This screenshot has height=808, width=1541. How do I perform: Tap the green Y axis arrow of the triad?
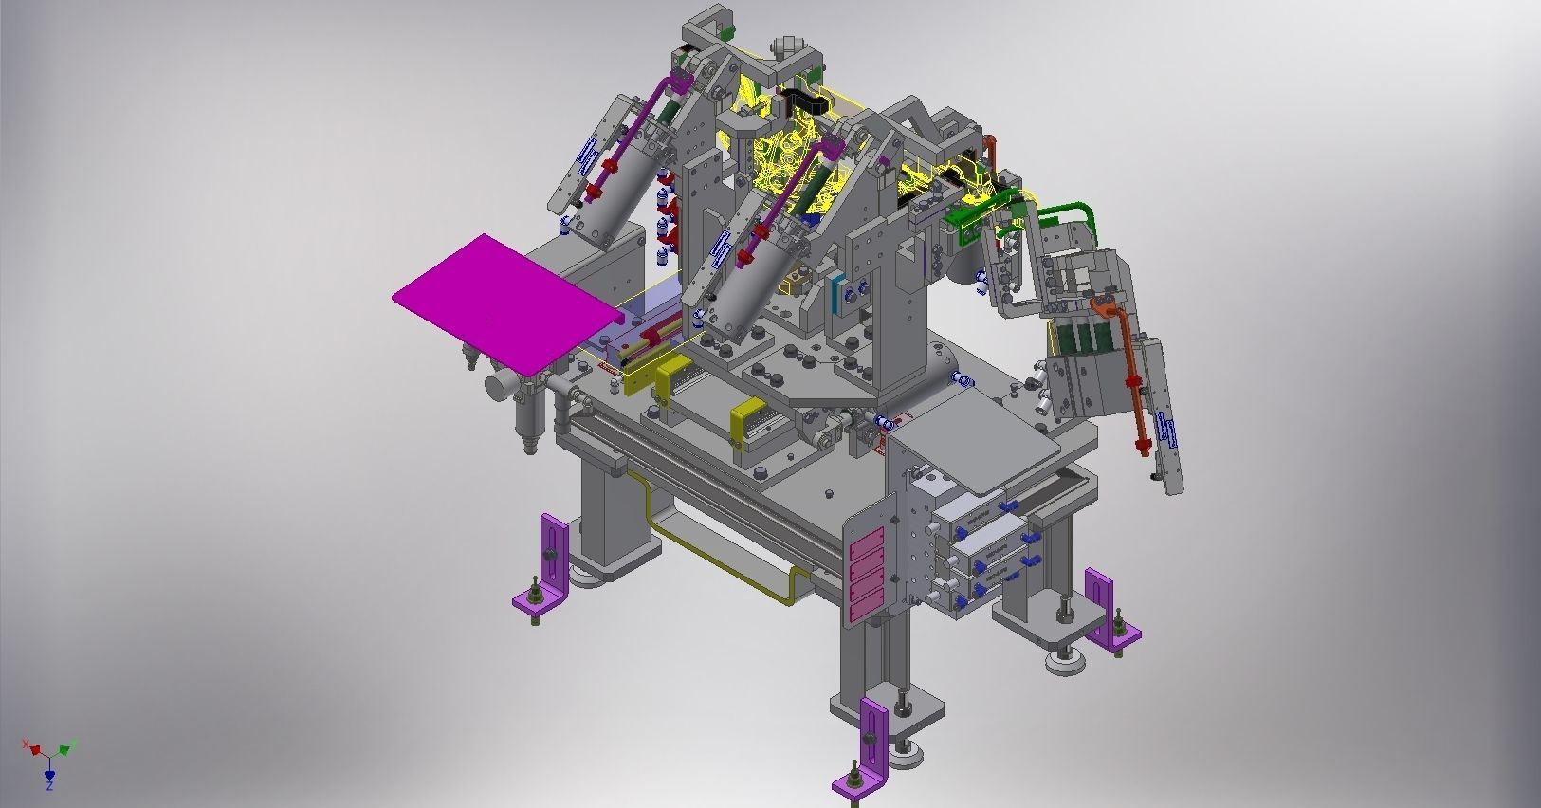tap(66, 748)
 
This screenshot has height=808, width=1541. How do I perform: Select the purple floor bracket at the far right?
tap(1110, 612)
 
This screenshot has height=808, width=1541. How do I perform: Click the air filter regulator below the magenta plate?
tap(524, 408)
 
